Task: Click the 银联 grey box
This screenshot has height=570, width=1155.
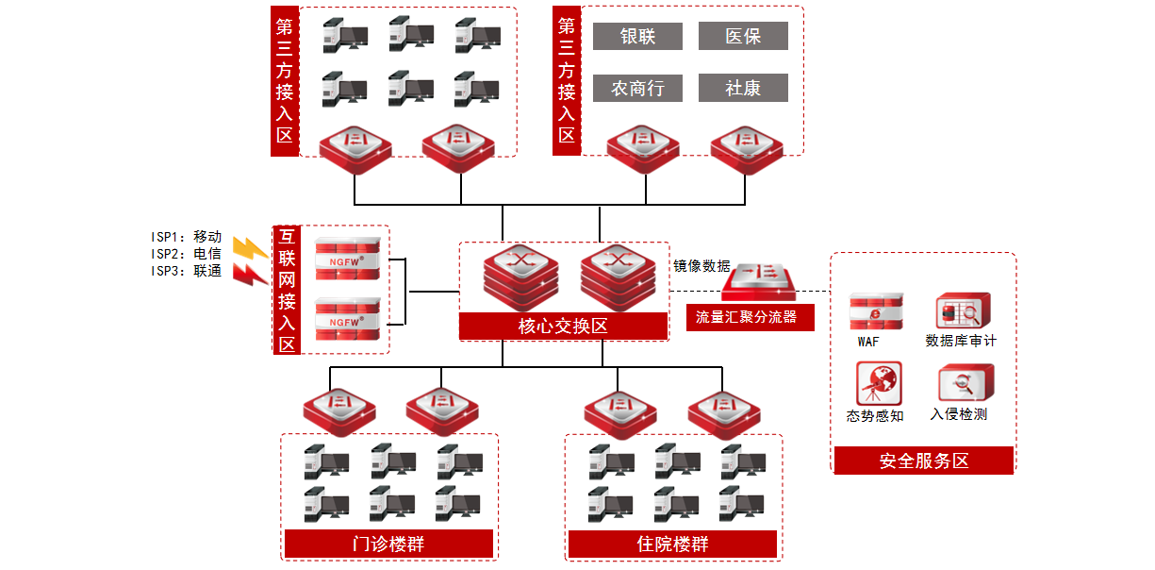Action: coord(637,36)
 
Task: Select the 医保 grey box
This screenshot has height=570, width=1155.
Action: coord(743,36)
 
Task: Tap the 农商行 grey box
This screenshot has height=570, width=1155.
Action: coord(637,88)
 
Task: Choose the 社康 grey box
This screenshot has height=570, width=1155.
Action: coord(743,88)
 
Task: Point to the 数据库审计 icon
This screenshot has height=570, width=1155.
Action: coord(962,310)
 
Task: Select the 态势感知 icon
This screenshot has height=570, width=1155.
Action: coord(878,383)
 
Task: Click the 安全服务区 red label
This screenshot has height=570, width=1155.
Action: coord(923,461)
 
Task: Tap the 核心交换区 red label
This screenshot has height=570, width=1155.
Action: coord(563,327)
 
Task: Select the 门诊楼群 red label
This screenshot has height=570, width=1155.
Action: coord(388,545)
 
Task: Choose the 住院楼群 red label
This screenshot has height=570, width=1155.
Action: coord(672,545)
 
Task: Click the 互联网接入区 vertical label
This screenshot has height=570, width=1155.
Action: coord(287,290)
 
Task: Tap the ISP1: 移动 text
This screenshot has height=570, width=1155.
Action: coord(186,237)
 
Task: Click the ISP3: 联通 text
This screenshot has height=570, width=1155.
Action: coord(186,272)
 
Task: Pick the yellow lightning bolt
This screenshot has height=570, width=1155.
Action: coord(250,248)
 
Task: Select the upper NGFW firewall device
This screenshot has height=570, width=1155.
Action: coord(348,257)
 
